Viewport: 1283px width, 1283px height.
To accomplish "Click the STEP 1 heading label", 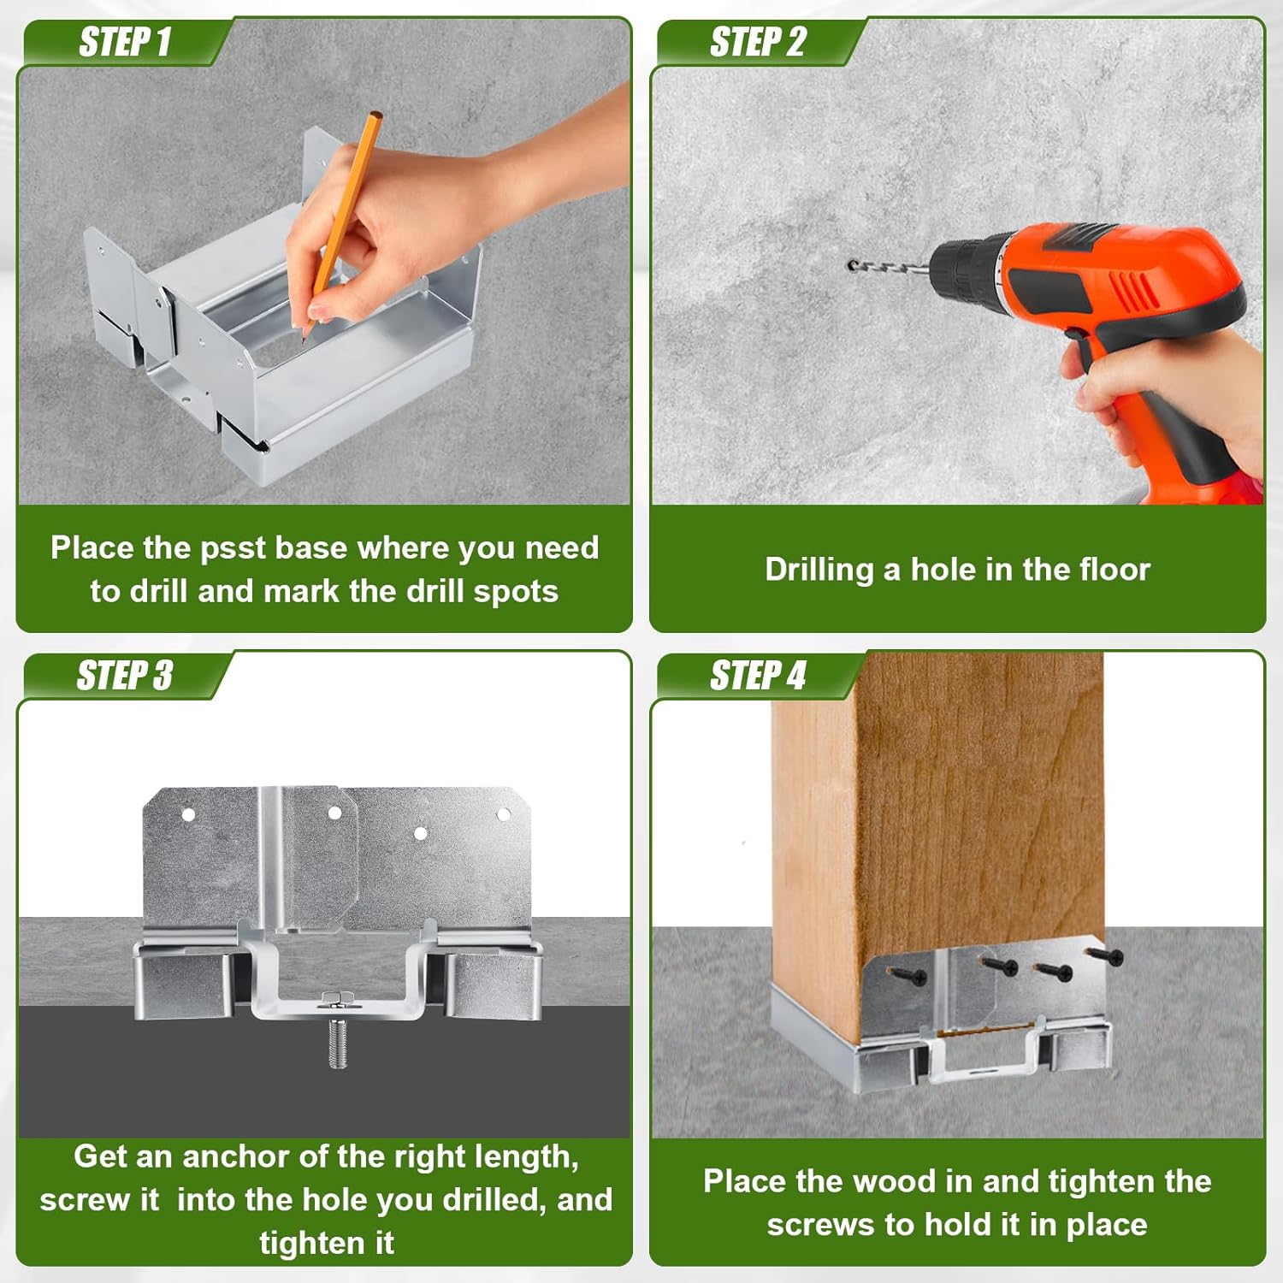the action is pyautogui.click(x=125, y=42).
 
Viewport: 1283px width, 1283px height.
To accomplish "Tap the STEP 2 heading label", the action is pyautogui.click(x=758, y=42).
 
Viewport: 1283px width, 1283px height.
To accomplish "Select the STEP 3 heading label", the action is pyautogui.click(x=125, y=676).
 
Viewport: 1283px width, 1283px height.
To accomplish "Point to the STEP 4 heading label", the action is pyautogui.click(x=758, y=676).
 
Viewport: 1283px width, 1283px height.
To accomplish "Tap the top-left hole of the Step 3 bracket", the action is pyautogui.click(x=188, y=815).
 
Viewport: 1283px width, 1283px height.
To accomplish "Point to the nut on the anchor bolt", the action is pyautogui.click(x=338, y=997).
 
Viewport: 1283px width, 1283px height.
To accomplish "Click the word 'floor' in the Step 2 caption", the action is pyautogui.click(x=1112, y=570).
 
